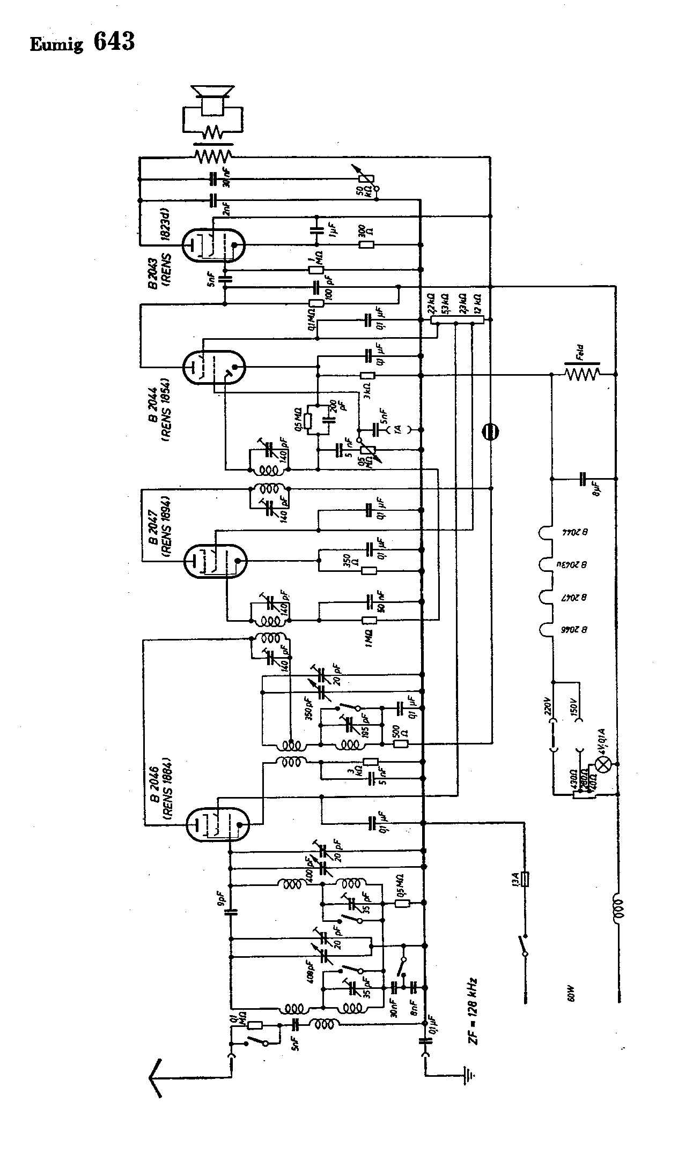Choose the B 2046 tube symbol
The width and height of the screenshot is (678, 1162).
click(218, 823)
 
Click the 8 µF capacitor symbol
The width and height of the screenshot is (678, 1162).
click(583, 478)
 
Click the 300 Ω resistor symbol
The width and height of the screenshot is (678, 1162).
click(366, 245)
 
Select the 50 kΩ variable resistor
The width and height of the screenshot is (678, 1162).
click(365, 177)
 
